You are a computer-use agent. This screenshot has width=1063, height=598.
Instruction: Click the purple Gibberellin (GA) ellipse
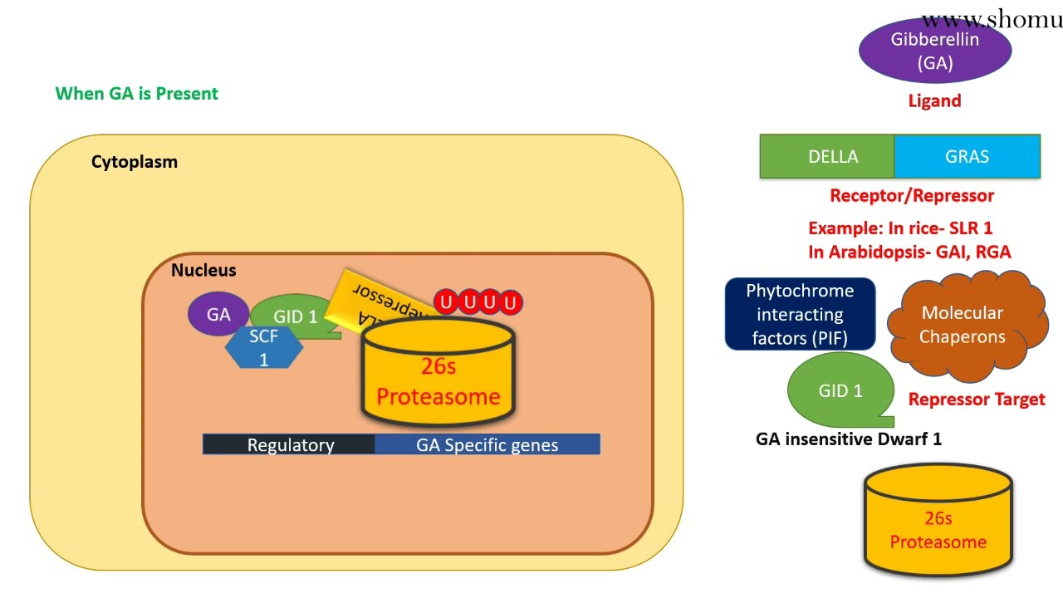point(934,51)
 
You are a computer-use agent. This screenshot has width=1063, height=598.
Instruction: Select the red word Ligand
point(934,101)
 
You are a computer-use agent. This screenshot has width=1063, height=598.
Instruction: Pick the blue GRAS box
point(967,157)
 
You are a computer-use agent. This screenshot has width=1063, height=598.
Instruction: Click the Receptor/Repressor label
point(912,196)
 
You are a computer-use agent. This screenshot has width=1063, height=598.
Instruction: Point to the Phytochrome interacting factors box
point(800,314)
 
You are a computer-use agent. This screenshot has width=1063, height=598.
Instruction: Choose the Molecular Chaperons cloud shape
point(963,326)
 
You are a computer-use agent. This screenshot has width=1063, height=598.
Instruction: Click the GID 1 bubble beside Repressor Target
point(840,390)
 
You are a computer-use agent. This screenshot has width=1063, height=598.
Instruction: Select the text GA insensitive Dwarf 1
point(848,439)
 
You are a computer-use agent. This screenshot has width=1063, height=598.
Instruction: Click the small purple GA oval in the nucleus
point(218,315)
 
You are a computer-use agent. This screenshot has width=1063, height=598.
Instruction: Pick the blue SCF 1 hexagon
point(264,348)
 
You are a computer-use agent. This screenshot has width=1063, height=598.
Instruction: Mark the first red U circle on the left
point(447,302)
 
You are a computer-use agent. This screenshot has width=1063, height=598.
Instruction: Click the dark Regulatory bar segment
point(289,444)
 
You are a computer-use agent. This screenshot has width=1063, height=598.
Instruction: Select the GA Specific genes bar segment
point(487,444)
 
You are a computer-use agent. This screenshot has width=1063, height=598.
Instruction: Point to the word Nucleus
point(203,271)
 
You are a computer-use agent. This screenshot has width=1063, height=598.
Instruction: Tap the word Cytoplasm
point(135,162)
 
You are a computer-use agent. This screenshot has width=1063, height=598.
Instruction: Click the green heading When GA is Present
point(137,94)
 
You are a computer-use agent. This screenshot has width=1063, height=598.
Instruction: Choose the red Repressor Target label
point(976,399)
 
